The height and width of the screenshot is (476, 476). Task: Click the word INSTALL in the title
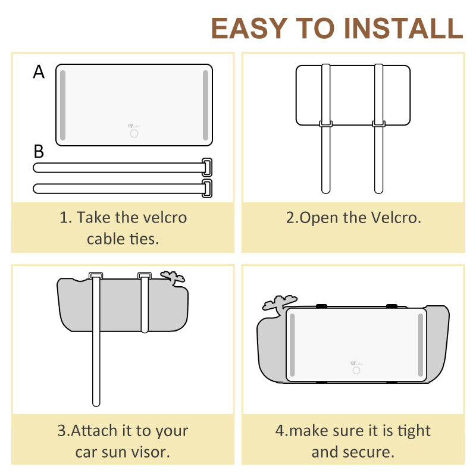(403, 28)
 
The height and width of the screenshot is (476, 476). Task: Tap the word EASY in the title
(249, 28)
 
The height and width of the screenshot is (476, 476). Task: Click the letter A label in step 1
(39, 72)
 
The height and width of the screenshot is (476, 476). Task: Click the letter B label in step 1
(39, 151)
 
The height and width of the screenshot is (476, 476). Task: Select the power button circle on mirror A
(134, 133)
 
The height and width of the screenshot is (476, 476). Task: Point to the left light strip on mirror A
(63, 105)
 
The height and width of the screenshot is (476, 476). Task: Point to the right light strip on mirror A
(205, 105)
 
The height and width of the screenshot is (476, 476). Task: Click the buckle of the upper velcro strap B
(207, 167)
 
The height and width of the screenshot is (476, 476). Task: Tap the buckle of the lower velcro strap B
(207, 189)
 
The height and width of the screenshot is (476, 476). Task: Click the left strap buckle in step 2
(325, 124)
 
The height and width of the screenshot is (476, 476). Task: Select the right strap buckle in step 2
(378, 124)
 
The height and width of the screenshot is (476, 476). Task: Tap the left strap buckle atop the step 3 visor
(96, 275)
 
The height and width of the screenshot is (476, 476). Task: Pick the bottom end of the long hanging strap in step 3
(96, 404)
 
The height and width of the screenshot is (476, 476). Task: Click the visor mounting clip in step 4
(278, 303)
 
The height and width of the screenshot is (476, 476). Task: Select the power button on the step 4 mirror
(356, 370)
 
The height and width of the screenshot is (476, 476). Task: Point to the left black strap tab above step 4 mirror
(321, 306)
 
